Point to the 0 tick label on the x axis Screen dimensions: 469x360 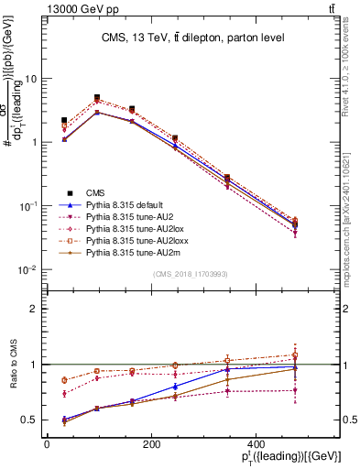coord(47,444)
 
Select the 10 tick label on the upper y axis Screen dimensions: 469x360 coord(30,79)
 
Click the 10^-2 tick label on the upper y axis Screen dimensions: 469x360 coord(28,270)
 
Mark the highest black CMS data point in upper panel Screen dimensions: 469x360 coord(97,97)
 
